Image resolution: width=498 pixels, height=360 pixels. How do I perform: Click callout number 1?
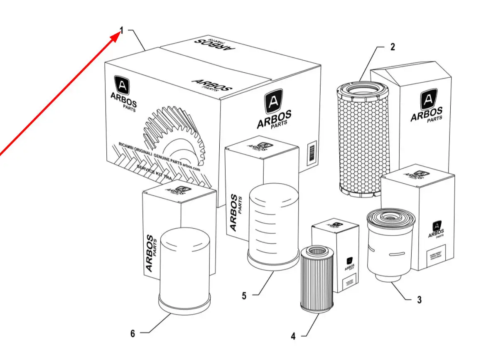pos(122,30)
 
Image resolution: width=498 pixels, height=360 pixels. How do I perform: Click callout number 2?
pos(393,47)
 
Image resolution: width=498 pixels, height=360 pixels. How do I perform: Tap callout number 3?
pos(419,299)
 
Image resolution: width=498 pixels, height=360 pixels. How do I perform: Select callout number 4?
pos(293,336)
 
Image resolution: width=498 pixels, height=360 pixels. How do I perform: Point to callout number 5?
pos(244,296)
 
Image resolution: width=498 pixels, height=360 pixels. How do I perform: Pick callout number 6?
pos(133,333)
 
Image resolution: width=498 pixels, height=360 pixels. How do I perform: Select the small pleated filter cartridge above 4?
pos(317,279)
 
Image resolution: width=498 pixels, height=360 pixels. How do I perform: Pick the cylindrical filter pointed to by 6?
pos(184,270)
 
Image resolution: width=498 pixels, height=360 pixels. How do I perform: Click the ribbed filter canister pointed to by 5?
pos(273,227)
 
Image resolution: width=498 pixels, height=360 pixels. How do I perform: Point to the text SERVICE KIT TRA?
pos(155,171)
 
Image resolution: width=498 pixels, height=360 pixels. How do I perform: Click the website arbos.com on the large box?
pos(191,165)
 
